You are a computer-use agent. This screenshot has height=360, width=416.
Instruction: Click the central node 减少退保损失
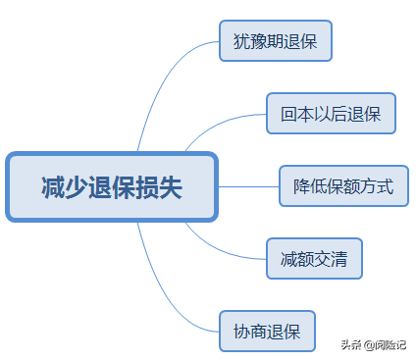[x=111, y=186]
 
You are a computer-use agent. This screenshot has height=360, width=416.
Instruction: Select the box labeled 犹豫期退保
[x=276, y=42]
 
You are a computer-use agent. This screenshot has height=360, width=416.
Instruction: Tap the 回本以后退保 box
[x=331, y=114]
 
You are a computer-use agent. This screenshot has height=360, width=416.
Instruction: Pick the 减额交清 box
[x=314, y=259]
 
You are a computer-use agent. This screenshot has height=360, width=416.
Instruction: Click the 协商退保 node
[x=267, y=331]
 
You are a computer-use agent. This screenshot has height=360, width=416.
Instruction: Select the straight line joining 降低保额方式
[x=248, y=185]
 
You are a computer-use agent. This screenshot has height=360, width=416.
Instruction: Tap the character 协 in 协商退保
[x=240, y=331]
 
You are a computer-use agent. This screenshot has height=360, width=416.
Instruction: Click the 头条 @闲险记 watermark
[x=374, y=344]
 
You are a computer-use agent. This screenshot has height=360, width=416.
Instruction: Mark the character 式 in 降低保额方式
[x=386, y=186]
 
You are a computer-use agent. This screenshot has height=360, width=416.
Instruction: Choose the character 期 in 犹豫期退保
[x=276, y=42]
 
